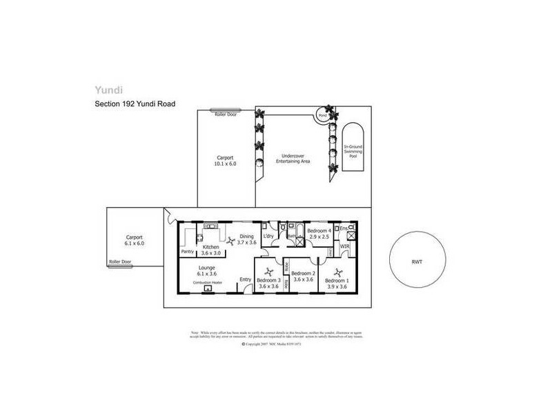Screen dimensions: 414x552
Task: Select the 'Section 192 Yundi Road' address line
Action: [x=135, y=104]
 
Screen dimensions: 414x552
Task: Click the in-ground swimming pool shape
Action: [x=353, y=150]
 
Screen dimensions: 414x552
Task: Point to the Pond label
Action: [x=322, y=115]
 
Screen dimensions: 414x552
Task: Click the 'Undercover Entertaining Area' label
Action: [x=291, y=159]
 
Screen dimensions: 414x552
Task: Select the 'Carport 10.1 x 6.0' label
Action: [x=226, y=161]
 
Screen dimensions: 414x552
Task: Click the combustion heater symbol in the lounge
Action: [x=207, y=289]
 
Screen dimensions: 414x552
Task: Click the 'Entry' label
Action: [x=246, y=279]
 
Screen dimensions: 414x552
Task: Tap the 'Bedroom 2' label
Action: [x=304, y=273]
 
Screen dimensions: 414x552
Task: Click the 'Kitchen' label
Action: [x=210, y=246]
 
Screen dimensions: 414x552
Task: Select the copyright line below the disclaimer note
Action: [x=275, y=343]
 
